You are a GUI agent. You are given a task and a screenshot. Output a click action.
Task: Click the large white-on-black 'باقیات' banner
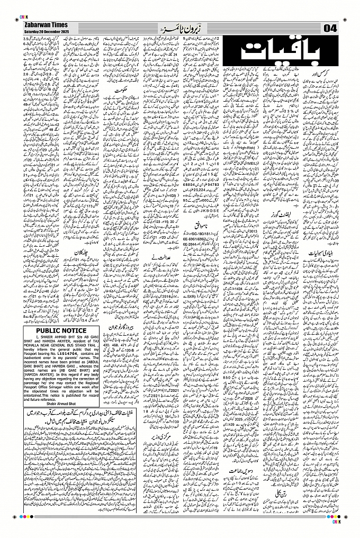pyautogui.click(x=278, y=52)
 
